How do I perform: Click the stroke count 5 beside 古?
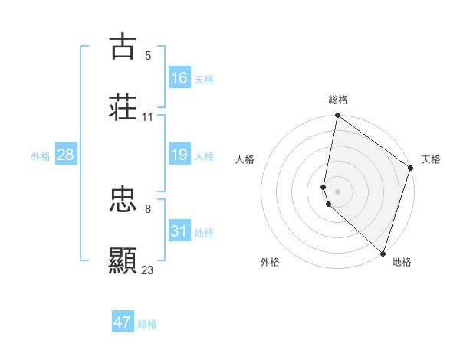point(148,55)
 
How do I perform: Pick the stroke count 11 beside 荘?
point(148,117)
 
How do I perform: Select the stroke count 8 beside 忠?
point(148,208)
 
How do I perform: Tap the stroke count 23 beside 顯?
point(148,270)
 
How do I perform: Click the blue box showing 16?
point(179,78)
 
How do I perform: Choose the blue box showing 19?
point(179,155)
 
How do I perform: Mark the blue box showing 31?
point(179,231)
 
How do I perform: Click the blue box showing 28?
point(66,155)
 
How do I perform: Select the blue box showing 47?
point(123,322)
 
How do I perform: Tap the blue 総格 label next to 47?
point(147,324)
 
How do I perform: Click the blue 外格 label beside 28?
point(41,156)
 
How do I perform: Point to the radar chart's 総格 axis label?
point(338,100)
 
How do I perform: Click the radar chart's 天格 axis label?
point(431,160)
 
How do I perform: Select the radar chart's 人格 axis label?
point(245,160)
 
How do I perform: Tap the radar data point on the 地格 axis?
point(383,254)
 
